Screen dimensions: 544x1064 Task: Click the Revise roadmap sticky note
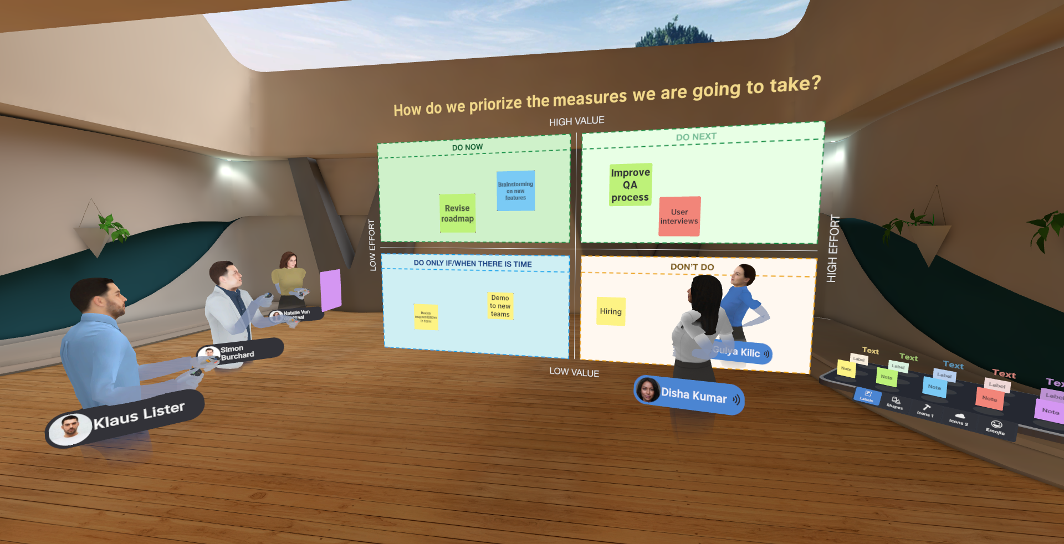[x=457, y=213]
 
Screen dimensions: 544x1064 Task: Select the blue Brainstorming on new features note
[x=515, y=191]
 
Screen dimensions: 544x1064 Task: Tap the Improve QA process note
[x=630, y=184]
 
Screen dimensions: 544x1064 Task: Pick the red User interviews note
[x=679, y=217]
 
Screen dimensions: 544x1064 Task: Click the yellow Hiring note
[x=611, y=311]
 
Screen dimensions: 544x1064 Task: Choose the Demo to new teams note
[x=500, y=306]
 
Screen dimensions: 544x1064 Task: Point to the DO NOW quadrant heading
[x=467, y=147]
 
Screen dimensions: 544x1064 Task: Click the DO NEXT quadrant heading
[x=696, y=137]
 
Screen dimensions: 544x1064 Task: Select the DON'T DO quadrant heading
[x=692, y=267]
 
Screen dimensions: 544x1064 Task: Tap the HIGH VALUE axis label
[x=576, y=121]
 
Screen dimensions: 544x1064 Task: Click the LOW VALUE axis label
[x=574, y=372]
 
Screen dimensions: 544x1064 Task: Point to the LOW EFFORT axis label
[x=372, y=245]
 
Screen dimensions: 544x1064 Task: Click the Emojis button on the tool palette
[x=995, y=427]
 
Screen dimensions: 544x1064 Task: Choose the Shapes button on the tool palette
[x=895, y=403]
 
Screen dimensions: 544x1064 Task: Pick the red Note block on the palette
[x=989, y=399]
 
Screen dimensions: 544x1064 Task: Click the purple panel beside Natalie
[x=330, y=289]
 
